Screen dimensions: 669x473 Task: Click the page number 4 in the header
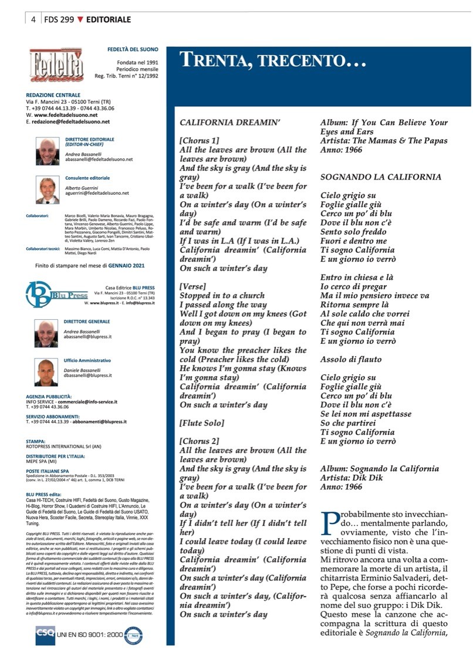pyautogui.click(x=33, y=19)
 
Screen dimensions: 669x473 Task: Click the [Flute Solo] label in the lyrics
pyautogui.click(x=201, y=423)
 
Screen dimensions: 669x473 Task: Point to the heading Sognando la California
pyautogui.click(x=381, y=177)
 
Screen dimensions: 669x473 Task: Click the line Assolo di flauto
pyautogui.click(x=351, y=359)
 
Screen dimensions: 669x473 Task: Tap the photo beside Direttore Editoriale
pyautogui.click(x=45, y=150)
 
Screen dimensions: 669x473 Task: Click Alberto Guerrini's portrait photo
pyautogui.click(x=45, y=188)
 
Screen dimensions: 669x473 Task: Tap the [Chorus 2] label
pyautogui.click(x=199, y=441)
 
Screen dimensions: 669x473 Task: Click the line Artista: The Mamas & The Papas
pyautogui.click(x=384, y=141)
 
